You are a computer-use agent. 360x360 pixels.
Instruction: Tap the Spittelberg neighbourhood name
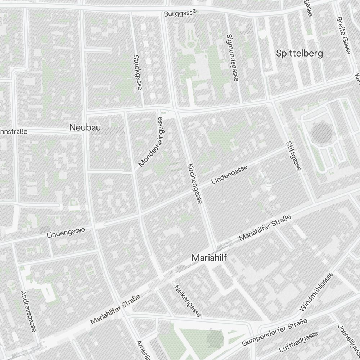[300, 53]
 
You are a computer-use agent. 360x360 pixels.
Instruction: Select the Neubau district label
[85, 127]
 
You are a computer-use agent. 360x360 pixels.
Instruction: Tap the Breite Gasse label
[343, 35]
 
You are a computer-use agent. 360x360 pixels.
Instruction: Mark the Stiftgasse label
[293, 156]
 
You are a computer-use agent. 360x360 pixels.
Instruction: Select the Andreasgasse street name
[28, 311]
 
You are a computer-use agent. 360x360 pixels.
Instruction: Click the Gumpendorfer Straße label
[274, 332]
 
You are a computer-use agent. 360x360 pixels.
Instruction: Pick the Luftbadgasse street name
[298, 342]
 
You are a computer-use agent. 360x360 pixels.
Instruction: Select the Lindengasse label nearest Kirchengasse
[229, 175]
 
